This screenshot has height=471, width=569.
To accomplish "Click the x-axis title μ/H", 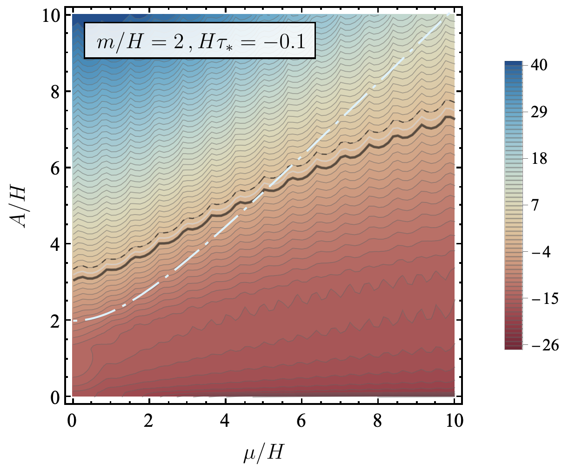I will tap(263, 452).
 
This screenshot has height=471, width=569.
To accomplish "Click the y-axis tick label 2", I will tap(54, 321).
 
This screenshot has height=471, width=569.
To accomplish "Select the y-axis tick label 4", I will tap(54, 244).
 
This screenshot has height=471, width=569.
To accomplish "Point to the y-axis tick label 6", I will tap(54, 168).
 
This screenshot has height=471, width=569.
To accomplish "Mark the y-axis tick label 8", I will tap(54, 91).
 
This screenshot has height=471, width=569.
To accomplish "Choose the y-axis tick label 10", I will tap(49, 15).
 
